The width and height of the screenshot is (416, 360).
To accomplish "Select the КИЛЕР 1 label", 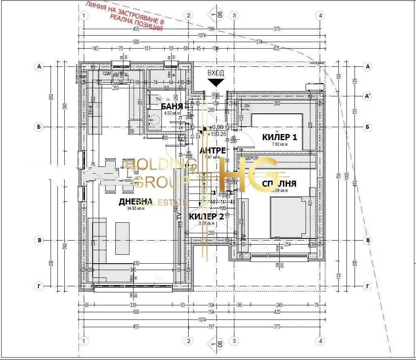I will click(280, 137).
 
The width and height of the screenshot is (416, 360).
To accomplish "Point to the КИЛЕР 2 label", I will click(206, 217).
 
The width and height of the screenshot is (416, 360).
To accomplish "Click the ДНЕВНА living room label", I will click(135, 202).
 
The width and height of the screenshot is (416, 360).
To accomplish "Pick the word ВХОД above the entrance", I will click(216, 73).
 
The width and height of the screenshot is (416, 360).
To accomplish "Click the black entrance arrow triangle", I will click(216, 83).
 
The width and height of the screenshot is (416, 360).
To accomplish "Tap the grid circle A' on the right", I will click(368, 96).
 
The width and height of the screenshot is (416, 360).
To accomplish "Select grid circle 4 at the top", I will click(320, 16).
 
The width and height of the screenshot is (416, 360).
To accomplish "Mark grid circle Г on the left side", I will click(39, 287).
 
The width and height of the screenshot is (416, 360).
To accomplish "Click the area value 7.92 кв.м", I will click(280, 144).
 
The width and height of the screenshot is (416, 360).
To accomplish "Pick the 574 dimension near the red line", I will click(259, 42).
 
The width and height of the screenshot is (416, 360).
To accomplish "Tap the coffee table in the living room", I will click(123, 238).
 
